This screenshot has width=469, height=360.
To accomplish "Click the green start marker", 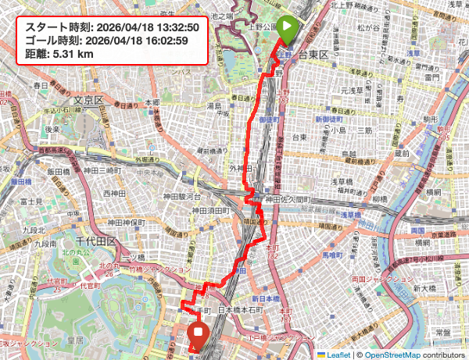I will pos(287,29).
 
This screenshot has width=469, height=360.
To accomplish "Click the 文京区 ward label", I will pos(88,100).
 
